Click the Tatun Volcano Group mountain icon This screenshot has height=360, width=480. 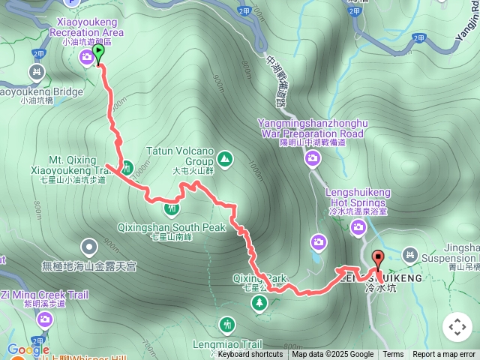[x=225, y=159]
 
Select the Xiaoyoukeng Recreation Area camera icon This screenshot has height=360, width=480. [x=88, y=56]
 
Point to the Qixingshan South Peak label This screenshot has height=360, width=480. [x=172, y=227]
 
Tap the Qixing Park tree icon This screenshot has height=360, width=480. [x=259, y=302]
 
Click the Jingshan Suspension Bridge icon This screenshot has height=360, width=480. [x=409, y=256]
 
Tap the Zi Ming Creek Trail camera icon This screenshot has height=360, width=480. [x=45, y=321]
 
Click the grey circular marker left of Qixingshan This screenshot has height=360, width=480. [x=89, y=246]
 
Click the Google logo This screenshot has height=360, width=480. [x=28, y=349]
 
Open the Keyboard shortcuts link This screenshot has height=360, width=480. [x=250, y=355]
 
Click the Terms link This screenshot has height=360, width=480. [x=393, y=355]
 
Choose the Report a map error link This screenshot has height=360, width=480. [x=444, y=355]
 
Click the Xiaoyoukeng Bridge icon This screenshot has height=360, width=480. [x=34, y=72]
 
